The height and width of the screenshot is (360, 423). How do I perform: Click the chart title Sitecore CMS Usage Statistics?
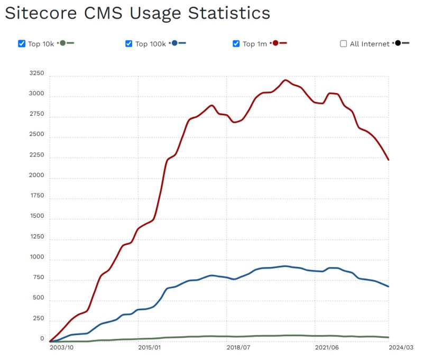click(137, 13)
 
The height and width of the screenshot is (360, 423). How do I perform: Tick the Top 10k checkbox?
click(22, 44)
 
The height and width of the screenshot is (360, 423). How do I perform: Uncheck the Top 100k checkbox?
click(128, 44)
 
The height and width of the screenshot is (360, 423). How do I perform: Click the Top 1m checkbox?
click(236, 44)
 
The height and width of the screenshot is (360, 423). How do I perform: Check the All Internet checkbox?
click(344, 44)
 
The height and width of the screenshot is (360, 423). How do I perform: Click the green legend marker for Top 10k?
click(63, 43)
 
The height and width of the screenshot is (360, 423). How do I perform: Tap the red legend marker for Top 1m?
click(275, 43)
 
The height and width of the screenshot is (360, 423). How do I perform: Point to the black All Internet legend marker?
click(398, 43)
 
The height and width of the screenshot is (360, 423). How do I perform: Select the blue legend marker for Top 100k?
click(174, 43)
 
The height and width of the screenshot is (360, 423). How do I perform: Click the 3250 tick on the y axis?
click(37, 74)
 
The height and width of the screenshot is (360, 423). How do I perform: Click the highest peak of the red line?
click(286, 80)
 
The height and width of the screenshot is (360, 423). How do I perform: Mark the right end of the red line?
click(389, 160)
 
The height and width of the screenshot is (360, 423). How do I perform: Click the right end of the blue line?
click(389, 287)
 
